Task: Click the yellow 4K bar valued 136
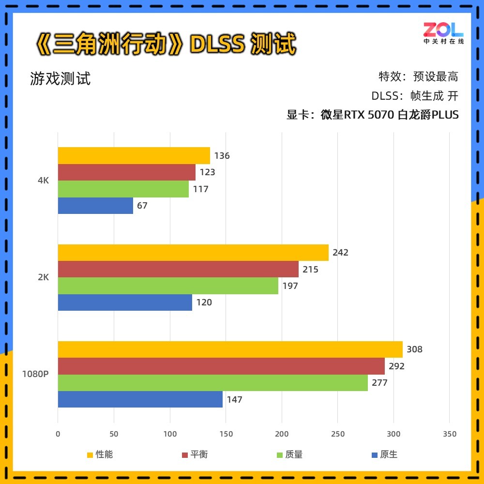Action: (134, 155)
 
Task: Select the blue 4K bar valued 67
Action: (95, 206)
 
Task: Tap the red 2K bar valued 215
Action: (178, 269)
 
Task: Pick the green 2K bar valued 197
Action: (168, 286)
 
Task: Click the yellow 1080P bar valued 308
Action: (230, 349)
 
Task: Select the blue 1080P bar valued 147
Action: (140, 399)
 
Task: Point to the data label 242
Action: (340, 252)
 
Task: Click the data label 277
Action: (379, 383)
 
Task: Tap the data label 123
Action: (207, 172)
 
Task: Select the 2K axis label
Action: (43, 277)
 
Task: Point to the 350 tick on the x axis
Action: (449, 434)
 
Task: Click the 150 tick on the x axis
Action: (226, 434)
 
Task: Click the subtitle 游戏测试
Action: (60, 78)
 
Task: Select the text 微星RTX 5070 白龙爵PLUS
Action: (389, 115)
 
